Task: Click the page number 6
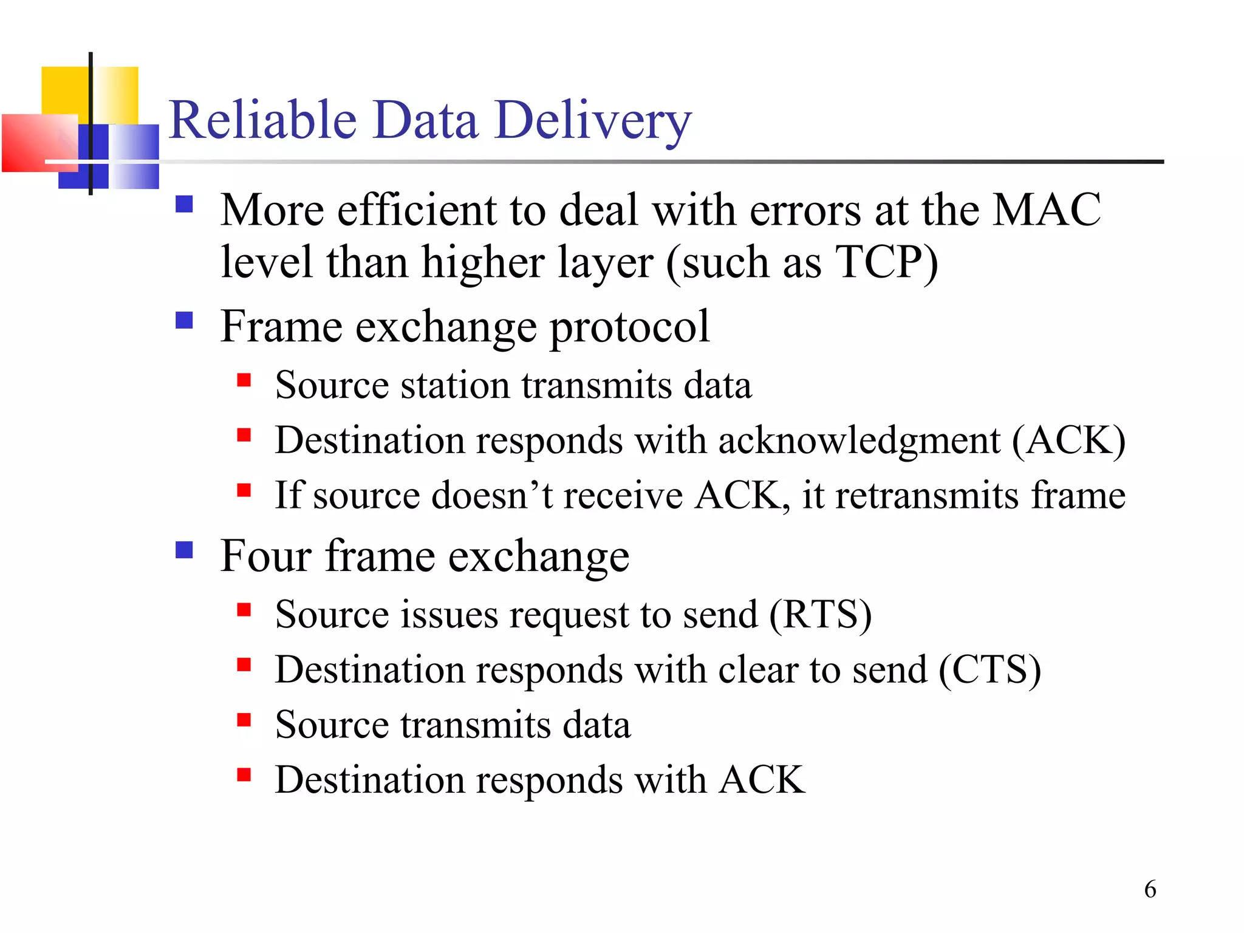(1150, 889)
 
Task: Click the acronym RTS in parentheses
(821, 615)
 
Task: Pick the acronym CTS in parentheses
(990, 670)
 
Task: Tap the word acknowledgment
(859, 440)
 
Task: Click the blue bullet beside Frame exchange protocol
(184, 320)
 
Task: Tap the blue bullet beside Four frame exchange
(184, 550)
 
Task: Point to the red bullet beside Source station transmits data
(244, 380)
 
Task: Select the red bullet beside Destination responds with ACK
(244, 774)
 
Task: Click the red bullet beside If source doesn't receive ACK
(244, 490)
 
